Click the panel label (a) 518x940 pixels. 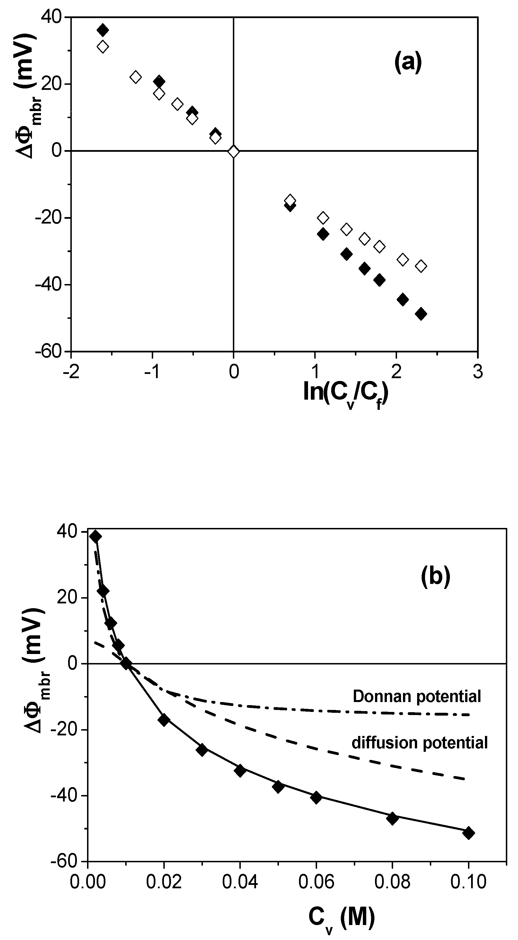coord(408,62)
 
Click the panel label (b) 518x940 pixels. coord(435,577)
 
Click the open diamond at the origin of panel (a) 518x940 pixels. coord(233,151)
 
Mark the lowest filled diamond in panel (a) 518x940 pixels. coord(421,313)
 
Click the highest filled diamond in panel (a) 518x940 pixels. coord(103,30)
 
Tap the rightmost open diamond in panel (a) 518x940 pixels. coord(421,266)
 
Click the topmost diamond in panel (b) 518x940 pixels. coord(96,536)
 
